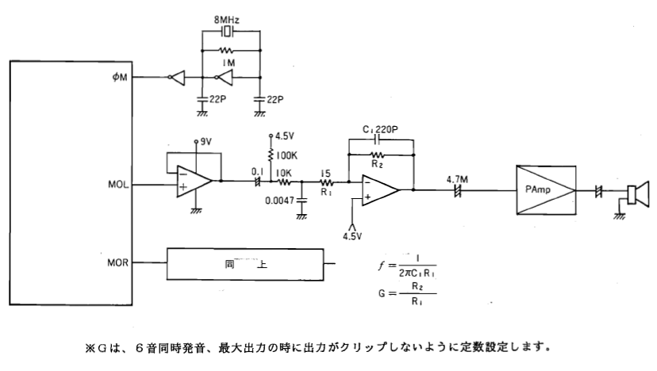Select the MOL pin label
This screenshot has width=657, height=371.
point(117,185)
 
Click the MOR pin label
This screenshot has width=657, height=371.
point(117,261)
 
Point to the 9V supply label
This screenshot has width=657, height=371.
point(206,141)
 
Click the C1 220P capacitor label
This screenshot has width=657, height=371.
point(381,128)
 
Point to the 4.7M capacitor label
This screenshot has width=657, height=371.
point(459,179)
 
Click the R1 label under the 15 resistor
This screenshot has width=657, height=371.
point(325,191)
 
